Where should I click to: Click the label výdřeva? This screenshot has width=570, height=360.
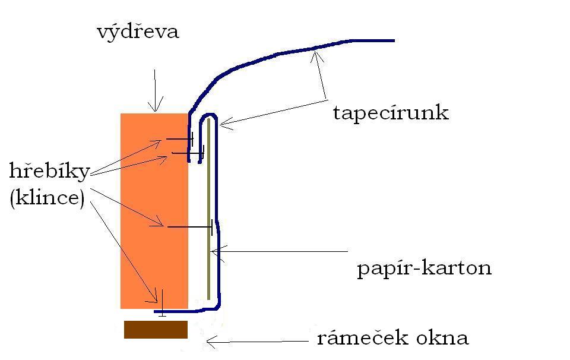(x=138, y=32)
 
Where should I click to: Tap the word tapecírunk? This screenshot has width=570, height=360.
(x=390, y=113)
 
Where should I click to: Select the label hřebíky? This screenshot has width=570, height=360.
(x=49, y=172)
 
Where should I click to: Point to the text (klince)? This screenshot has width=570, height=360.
(x=47, y=197)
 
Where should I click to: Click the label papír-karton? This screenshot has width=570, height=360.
(x=424, y=269)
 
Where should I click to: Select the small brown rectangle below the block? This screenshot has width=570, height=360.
(x=156, y=330)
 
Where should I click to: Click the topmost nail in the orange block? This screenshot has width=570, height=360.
(x=179, y=139)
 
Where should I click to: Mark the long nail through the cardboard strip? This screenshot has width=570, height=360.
(x=190, y=227)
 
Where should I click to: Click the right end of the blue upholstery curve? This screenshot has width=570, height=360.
(x=392, y=40)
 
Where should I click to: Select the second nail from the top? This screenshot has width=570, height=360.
(x=186, y=153)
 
